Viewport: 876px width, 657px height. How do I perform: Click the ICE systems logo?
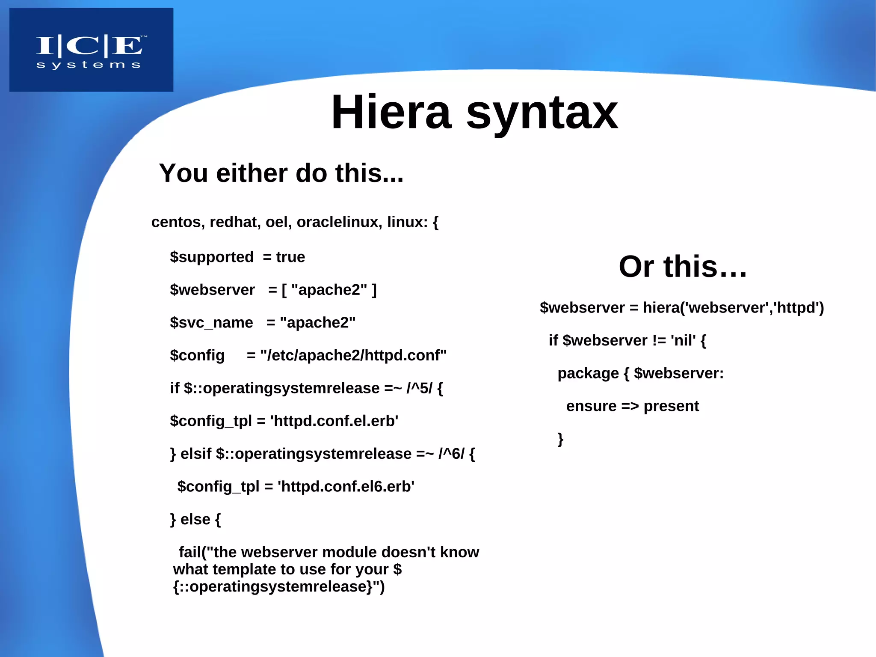click(91, 50)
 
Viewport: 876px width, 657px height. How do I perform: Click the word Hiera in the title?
click(391, 112)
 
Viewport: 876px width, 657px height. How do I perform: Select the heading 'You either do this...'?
click(281, 173)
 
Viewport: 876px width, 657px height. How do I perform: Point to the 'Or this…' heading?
click(683, 267)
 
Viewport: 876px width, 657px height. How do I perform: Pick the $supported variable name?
click(212, 257)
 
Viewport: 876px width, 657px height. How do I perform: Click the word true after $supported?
click(290, 257)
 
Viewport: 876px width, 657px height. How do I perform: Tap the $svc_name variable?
click(211, 323)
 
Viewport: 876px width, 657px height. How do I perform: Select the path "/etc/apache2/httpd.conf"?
click(353, 356)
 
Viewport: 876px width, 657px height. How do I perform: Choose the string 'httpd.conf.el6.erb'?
click(346, 487)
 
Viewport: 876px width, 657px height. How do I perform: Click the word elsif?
click(195, 454)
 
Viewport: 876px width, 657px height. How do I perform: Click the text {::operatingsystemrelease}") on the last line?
click(279, 587)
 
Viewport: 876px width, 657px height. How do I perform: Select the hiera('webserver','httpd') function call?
click(733, 308)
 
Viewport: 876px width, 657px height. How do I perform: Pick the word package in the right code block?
click(588, 373)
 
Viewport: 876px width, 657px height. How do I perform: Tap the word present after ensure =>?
click(671, 406)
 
